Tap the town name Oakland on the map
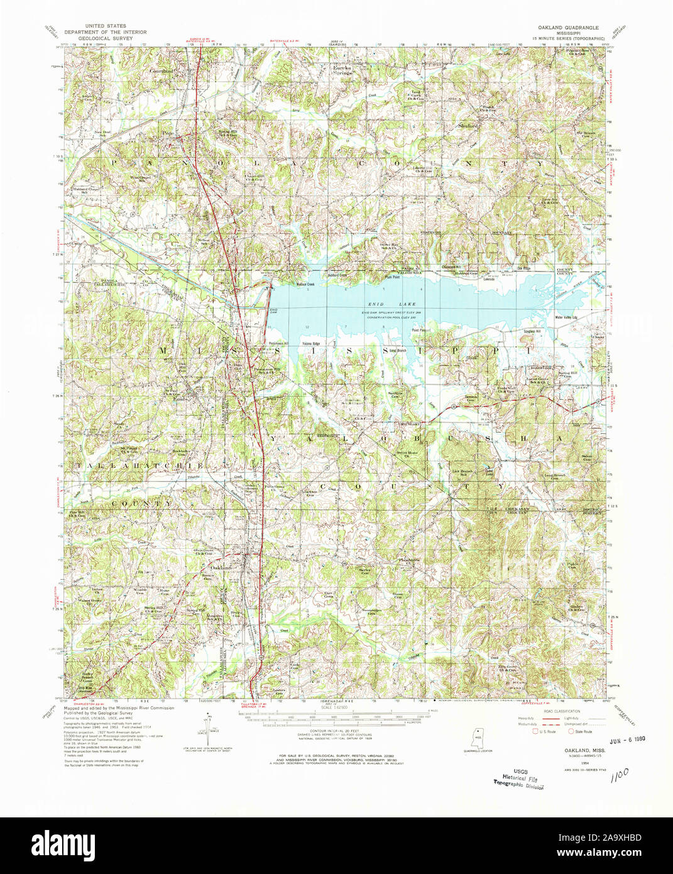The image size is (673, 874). [x=222, y=567]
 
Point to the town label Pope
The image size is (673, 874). [x=167, y=133]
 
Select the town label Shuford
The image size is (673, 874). [x=468, y=126]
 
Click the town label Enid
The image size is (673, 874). [x=180, y=399]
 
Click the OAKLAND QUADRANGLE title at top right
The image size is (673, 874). [x=568, y=28]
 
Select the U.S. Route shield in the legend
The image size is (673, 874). [x=535, y=731]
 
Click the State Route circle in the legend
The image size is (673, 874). [x=571, y=731]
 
